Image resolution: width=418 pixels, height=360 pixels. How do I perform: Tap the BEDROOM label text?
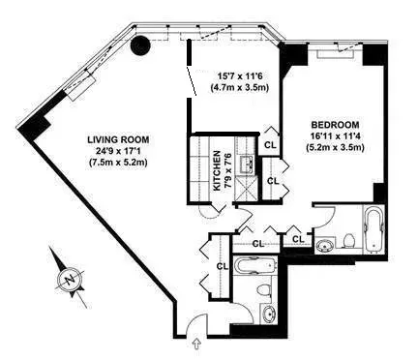pyautogui.click(x=336, y=125)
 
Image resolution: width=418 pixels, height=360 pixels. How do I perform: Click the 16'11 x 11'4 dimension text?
pyautogui.click(x=336, y=137)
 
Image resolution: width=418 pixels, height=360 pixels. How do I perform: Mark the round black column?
pyautogui.click(x=141, y=45)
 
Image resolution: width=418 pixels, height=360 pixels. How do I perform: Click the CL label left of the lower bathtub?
pyautogui.click(x=222, y=266)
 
